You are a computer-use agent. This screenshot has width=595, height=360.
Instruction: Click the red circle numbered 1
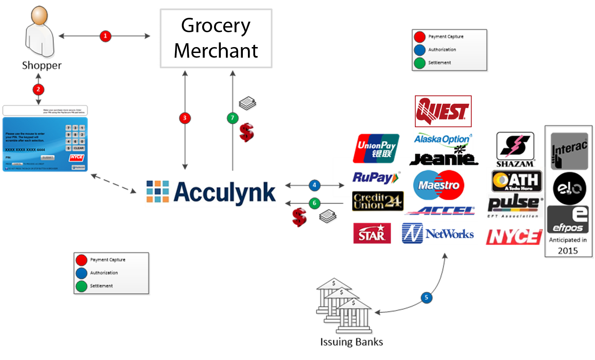click(105, 36)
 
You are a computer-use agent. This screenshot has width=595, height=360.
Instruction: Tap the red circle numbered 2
click(38, 89)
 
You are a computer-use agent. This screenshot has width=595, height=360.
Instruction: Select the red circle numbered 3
click(184, 118)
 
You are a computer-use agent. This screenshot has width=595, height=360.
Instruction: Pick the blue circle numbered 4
click(314, 185)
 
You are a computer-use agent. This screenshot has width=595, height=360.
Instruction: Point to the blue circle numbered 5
click(426, 297)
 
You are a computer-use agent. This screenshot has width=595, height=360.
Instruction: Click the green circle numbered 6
click(314, 203)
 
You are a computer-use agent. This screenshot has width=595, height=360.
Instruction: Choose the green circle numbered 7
click(232, 118)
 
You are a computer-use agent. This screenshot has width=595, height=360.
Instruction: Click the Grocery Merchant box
click(216, 38)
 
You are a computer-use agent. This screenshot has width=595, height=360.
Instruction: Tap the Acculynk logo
click(211, 193)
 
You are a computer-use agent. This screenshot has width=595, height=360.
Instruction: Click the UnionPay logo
click(376, 148)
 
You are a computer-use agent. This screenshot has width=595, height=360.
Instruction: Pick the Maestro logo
click(439, 185)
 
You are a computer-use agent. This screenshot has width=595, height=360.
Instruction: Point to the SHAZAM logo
click(515, 149)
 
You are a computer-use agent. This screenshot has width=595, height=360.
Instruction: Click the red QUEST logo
click(443, 111)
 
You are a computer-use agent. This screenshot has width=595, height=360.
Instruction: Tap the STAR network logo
click(372, 233)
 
